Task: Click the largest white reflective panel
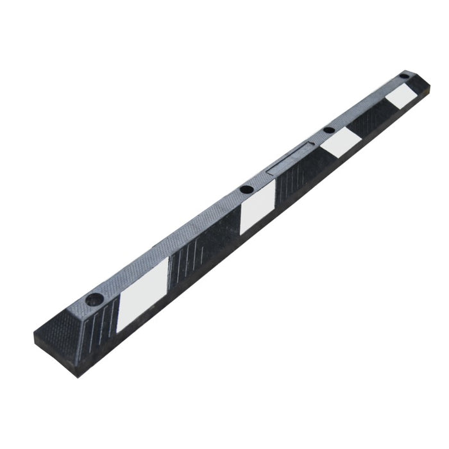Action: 142,294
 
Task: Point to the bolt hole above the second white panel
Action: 246,190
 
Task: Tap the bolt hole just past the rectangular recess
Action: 328,130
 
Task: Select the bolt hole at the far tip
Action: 403,76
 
